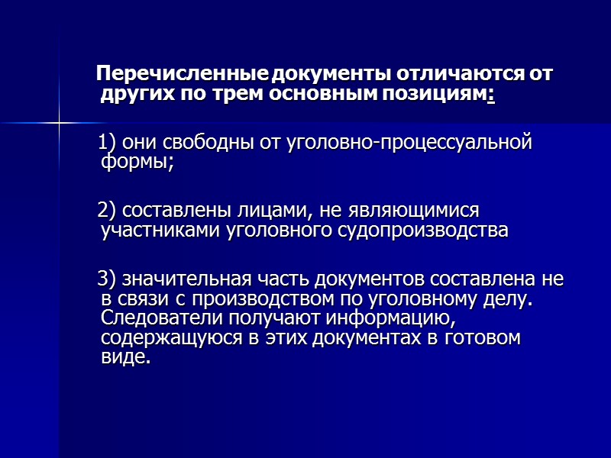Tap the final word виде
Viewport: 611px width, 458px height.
click(125, 358)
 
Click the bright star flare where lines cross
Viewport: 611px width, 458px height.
click(59, 122)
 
